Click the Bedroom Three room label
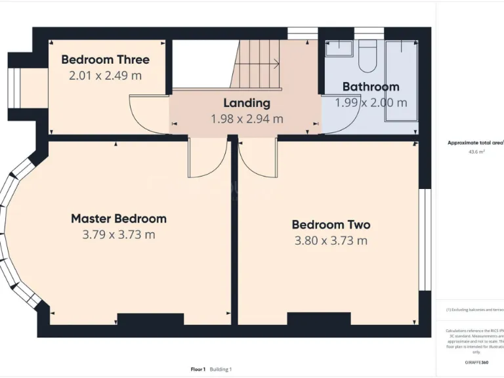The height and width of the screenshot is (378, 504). coord(105,60)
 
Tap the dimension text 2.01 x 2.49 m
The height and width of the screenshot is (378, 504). coord(105,75)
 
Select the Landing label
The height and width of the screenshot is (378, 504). coord(246,103)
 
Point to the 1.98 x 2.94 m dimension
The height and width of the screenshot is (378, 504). coord(247,119)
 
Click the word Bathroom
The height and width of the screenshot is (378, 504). coord(371,87)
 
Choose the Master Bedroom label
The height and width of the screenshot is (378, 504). coord(119,219)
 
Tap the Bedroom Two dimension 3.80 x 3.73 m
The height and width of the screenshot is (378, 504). coord(331,240)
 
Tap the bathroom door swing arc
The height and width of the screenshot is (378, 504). coord(341,115)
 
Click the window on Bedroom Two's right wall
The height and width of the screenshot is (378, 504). coord(425,239)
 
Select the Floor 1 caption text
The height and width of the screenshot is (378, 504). coord(198,369)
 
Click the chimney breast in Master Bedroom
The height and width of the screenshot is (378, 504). coord(150,320)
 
